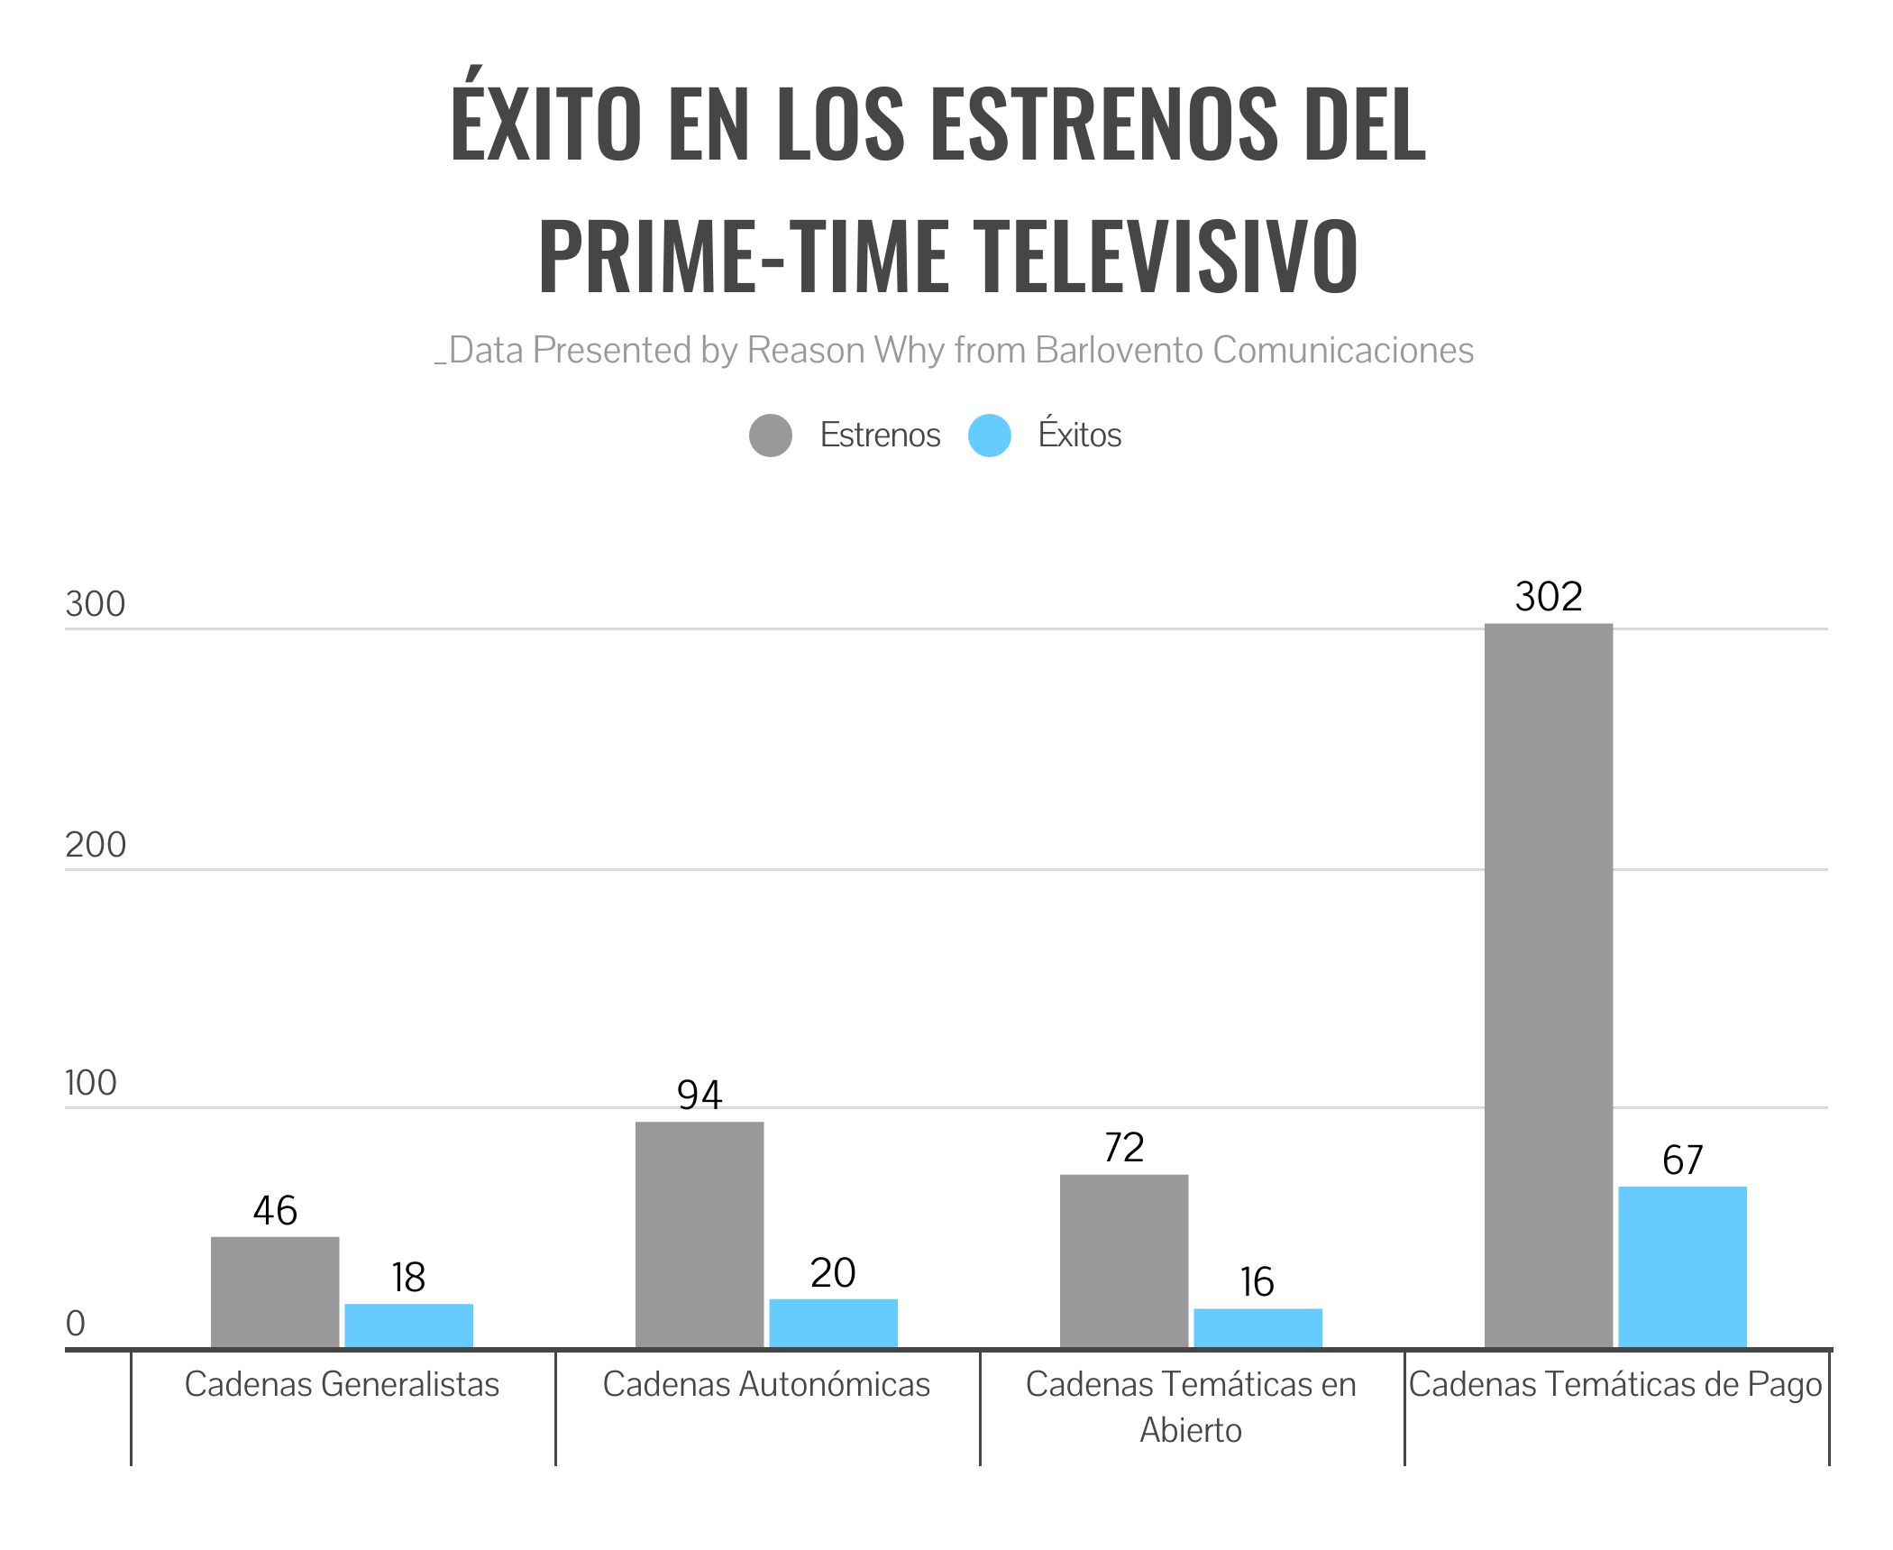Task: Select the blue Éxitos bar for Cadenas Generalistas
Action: point(408,1325)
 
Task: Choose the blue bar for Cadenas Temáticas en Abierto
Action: point(1257,1327)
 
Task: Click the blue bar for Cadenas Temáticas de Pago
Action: point(1682,1266)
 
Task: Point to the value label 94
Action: point(700,1095)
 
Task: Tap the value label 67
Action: point(1682,1160)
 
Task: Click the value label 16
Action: point(1257,1281)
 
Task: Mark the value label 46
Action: point(275,1210)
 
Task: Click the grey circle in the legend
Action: point(771,436)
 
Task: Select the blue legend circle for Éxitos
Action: point(990,436)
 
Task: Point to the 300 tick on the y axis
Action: point(95,604)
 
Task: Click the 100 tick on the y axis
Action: point(91,1083)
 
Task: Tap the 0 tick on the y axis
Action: point(76,1324)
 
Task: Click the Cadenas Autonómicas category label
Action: point(766,1384)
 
